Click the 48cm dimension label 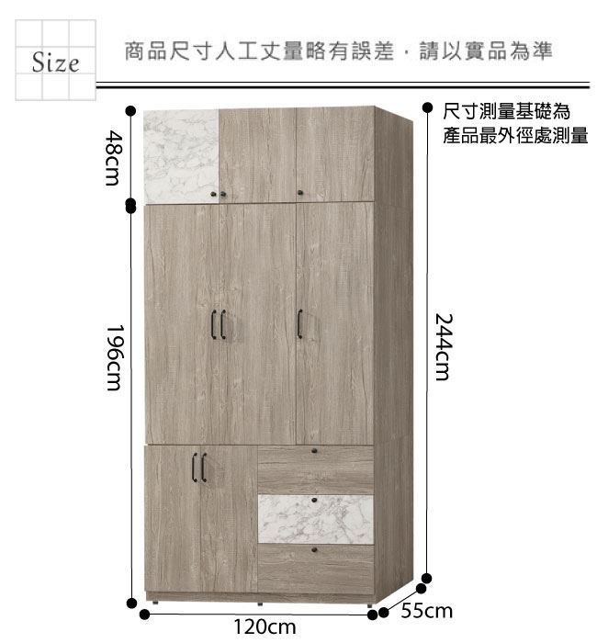(x=112, y=157)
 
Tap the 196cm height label (x=114, y=357)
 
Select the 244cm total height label (x=443, y=347)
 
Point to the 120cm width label (x=265, y=627)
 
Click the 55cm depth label (x=426, y=611)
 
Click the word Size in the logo (x=55, y=62)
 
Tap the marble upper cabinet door (x=181, y=156)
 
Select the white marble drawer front (x=316, y=519)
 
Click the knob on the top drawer (x=314, y=451)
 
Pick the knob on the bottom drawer (x=314, y=549)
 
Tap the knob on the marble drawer (x=314, y=501)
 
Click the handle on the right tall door (x=299, y=324)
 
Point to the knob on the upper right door (x=300, y=192)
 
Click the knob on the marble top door (x=214, y=194)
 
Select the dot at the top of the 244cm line (x=427, y=107)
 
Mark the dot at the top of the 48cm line (x=130, y=110)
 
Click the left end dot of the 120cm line (x=144, y=615)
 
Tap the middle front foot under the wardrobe (x=260, y=604)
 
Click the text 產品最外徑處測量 (x=515, y=136)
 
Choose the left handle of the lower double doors (x=195, y=468)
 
